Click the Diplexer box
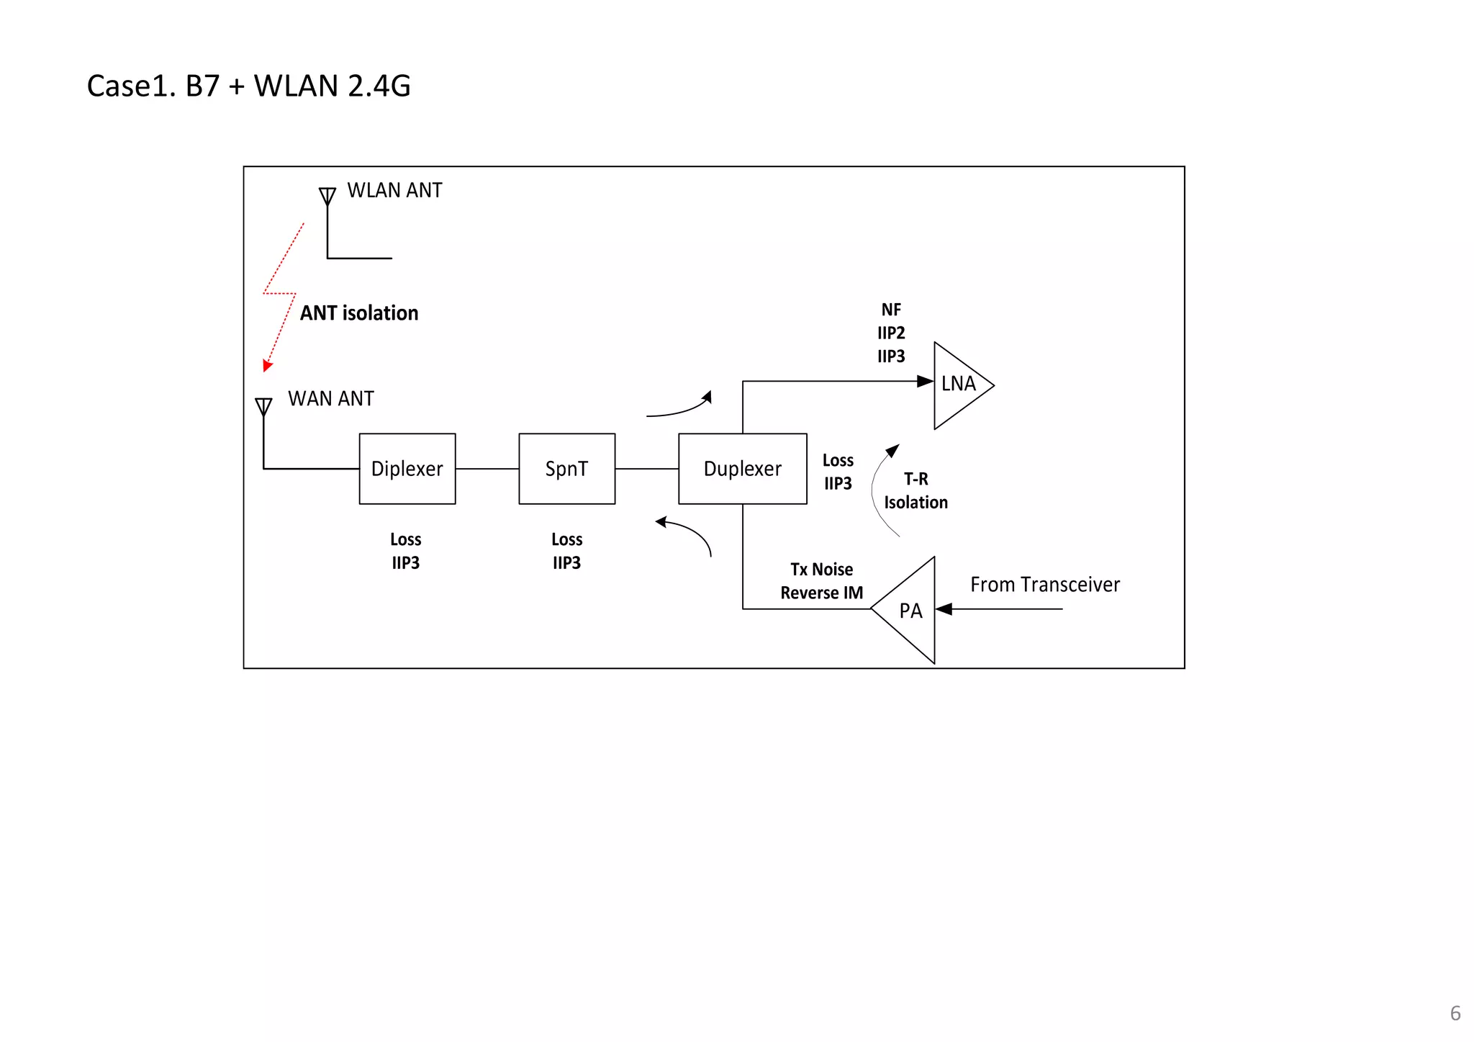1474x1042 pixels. point(407,469)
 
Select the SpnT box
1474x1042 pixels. point(566,469)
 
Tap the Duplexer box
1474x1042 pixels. point(742,469)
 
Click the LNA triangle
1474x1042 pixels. point(958,385)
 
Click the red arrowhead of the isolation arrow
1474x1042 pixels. point(267,366)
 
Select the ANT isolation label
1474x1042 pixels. point(358,313)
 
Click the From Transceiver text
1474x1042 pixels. point(1044,585)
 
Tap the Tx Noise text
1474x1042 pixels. point(821,570)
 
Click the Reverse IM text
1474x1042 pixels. point(821,593)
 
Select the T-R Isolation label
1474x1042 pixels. point(915,490)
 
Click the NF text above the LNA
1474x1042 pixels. point(891,310)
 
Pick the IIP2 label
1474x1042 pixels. point(891,333)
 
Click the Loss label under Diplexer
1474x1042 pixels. point(405,539)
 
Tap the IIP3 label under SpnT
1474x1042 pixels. point(566,562)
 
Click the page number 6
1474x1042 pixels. point(1455,1013)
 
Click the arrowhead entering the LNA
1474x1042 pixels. point(925,381)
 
